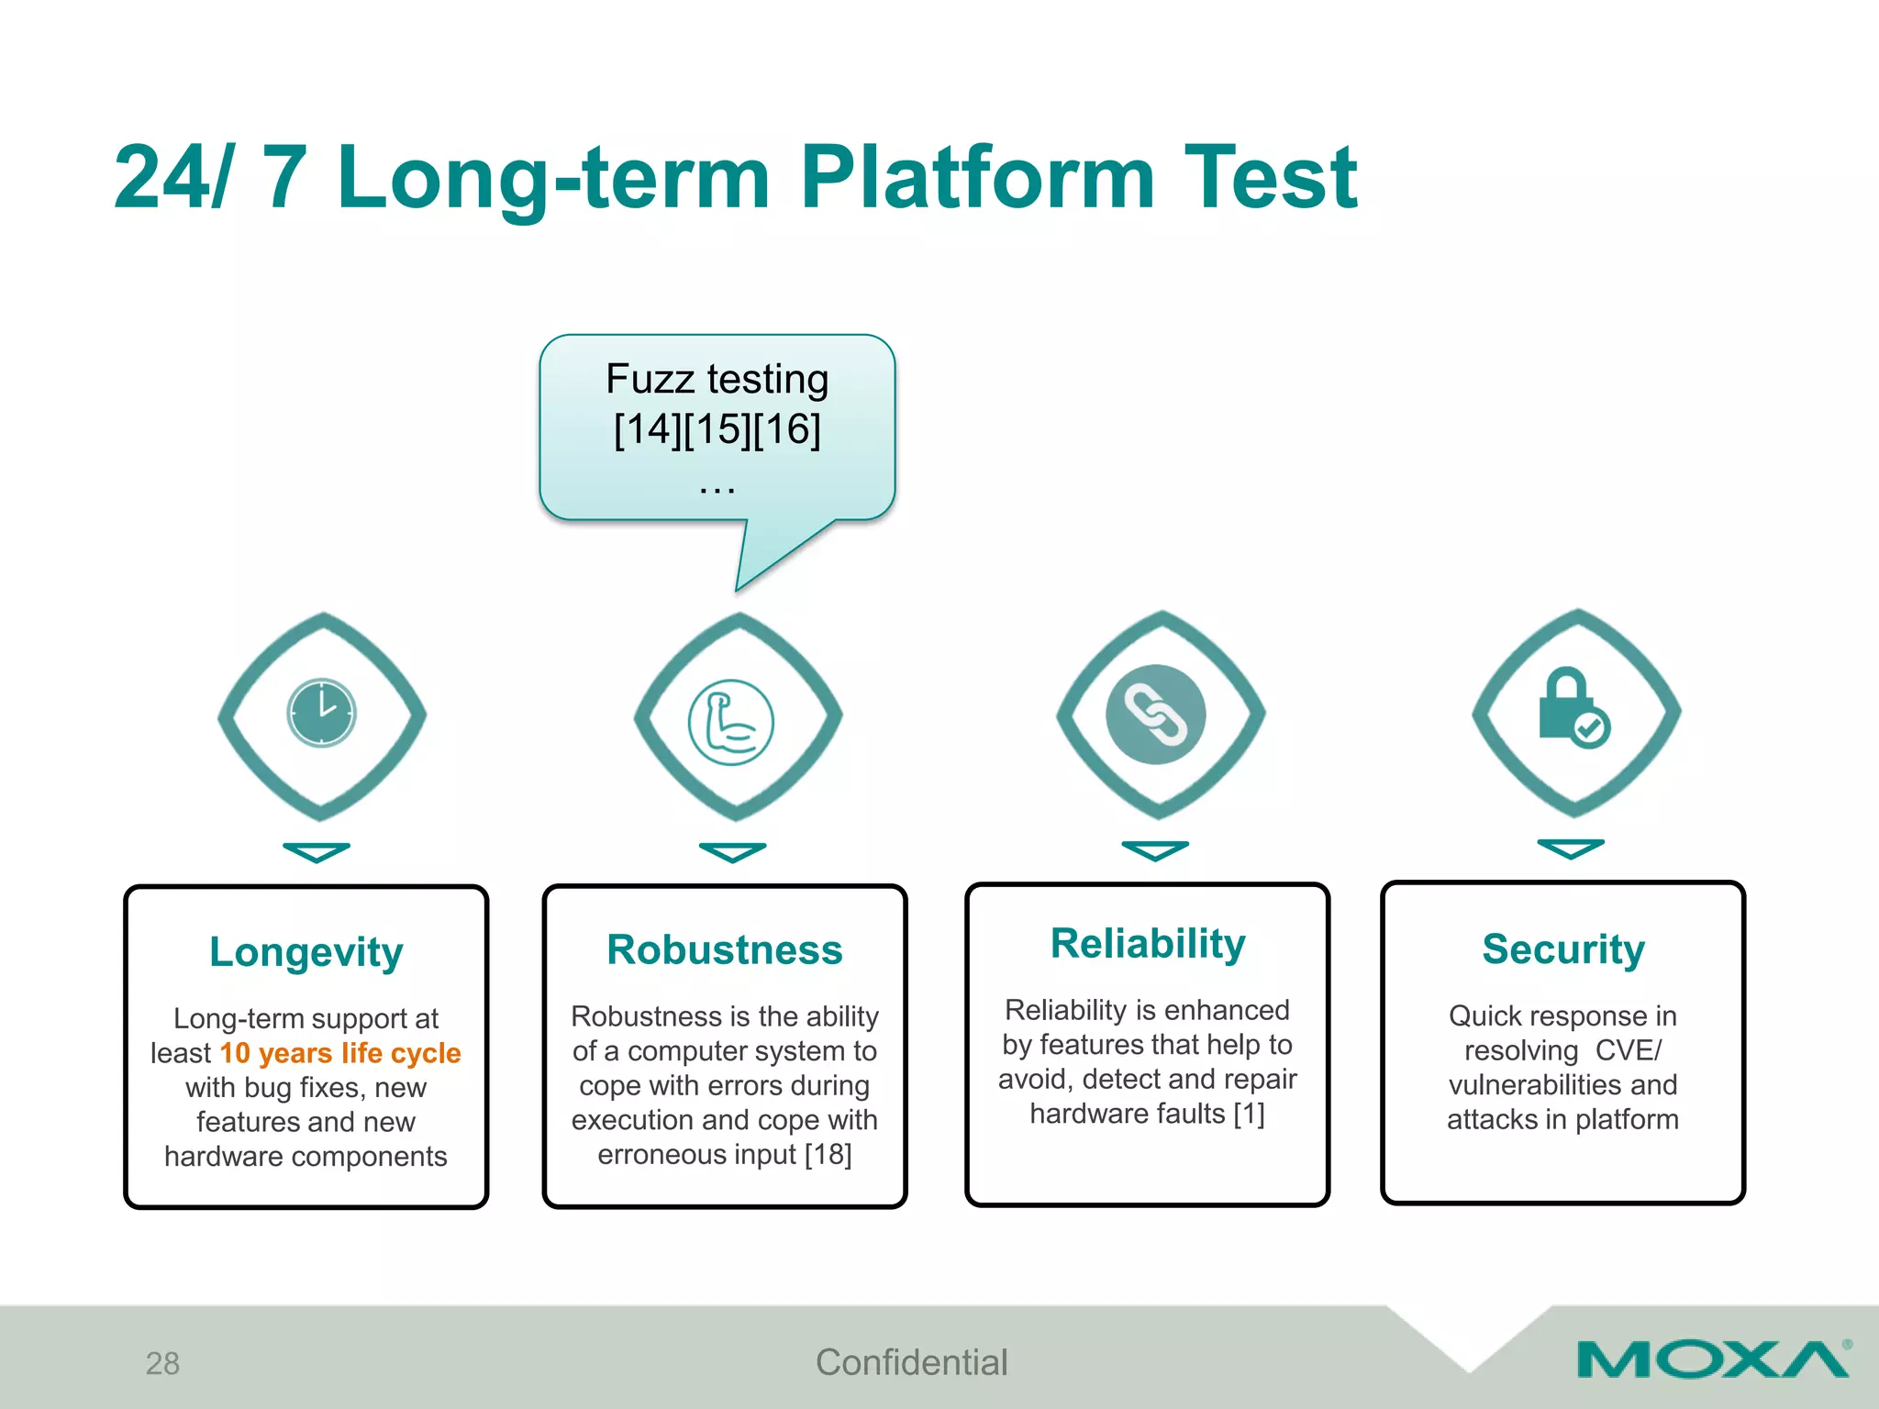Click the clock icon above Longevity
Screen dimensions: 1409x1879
(x=321, y=713)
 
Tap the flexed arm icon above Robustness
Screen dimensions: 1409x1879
(x=730, y=722)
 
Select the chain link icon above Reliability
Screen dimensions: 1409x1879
(x=1155, y=715)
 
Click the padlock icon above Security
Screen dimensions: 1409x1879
(x=1572, y=708)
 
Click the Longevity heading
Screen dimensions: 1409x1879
(x=306, y=952)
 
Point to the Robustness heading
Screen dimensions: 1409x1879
(x=724, y=950)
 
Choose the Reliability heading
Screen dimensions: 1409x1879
(x=1147, y=944)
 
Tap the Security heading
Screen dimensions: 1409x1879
(x=1562, y=949)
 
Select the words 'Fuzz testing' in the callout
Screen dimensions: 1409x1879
(x=717, y=379)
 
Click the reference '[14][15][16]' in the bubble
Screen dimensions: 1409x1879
(x=717, y=429)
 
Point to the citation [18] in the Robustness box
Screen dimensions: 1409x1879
(x=828, y=1154)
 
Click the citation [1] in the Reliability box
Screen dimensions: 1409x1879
(x=1249, y=1114)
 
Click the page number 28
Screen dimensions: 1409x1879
(x=162, y=1363)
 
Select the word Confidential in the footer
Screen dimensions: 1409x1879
(x=911, y=1362)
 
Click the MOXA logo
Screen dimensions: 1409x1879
(x=1712, y=1359)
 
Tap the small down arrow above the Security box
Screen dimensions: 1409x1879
(x=1570, y=849)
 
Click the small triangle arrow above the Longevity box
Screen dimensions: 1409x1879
(x=316, y=852)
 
